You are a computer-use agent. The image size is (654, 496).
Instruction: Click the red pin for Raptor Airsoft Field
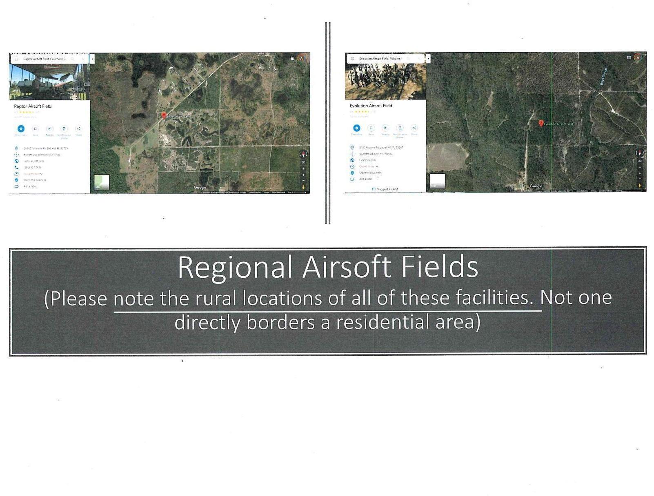click(x=164, y=115)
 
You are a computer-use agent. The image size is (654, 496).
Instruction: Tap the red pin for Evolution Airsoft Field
click(x=541, y=123)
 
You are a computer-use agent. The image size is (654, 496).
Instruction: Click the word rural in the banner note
click(x=216, y=298)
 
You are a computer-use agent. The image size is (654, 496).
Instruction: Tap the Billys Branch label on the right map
click(x=604, y=76)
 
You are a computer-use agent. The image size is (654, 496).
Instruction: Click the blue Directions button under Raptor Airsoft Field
click(x=21, y=129)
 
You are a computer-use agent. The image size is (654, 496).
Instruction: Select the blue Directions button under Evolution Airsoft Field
click(x=356, y=128)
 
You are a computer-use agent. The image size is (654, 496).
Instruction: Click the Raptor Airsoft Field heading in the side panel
click(x=33, y=106)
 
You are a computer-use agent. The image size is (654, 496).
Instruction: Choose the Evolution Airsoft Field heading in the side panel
click(x=371, y=106)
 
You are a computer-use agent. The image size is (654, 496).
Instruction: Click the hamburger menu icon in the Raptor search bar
click(x=16, y=59)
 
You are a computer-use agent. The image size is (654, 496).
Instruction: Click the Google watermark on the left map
click(x=200, y=188)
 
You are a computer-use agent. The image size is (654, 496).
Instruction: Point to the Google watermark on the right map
click(x=536, y=186)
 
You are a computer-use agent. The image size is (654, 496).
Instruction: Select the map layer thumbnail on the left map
click(x=102, y=182)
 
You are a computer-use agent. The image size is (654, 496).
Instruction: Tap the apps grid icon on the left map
click(x=292, y=58)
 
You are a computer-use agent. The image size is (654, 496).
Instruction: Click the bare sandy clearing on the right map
click(x=447, y=157)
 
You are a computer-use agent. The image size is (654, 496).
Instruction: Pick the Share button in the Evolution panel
click(x=414, y=128)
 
